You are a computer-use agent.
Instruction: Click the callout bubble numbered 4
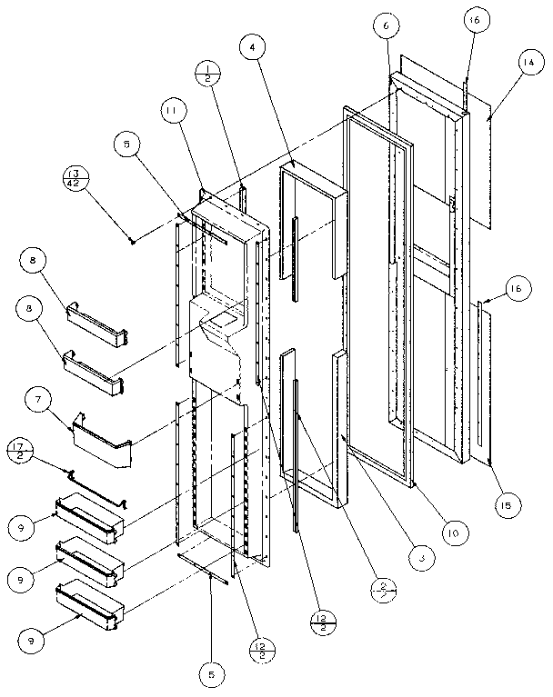[256, 47]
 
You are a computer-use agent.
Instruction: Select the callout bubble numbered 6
[386, 28]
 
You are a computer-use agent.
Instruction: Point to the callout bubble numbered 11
[169, 111]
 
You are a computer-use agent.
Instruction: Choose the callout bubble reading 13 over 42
[76, 176]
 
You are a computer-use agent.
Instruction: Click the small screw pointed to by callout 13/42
[133, 240]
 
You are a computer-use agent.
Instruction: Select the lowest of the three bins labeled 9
[88, 607]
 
